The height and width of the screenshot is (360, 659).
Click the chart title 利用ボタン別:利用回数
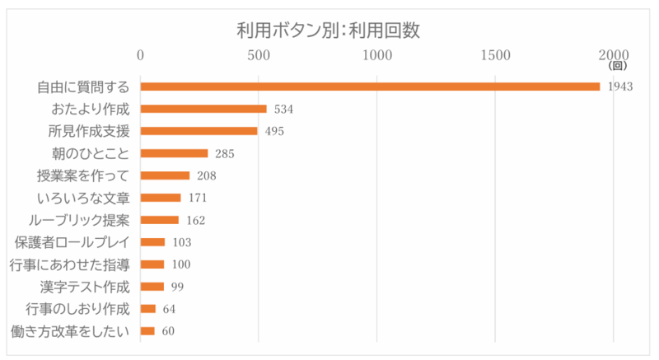point(329,31)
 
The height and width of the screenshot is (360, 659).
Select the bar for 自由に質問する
point(370,86)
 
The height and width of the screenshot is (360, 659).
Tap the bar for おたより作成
point(203,109)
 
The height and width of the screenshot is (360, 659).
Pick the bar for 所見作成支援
point(199,131)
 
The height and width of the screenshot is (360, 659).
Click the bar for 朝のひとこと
point(174,153)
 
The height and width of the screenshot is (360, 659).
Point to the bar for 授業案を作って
point(165,175)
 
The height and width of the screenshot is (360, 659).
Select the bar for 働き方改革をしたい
point(147,331)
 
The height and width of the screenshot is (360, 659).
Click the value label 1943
point(619,86)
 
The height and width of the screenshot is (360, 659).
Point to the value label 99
point(177,287)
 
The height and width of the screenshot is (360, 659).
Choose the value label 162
point(195,220)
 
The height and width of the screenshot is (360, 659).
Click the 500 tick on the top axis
point(259,55)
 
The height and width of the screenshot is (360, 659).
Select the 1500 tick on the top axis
point(495,55)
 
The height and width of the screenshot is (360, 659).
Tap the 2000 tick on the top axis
point(613,55)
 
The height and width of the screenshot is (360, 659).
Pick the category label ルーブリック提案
point(83,220)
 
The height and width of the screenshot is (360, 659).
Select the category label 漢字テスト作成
point(85,287)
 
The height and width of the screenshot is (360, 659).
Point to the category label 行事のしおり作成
point(77,309)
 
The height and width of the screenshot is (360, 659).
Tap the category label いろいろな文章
point(83,198)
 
